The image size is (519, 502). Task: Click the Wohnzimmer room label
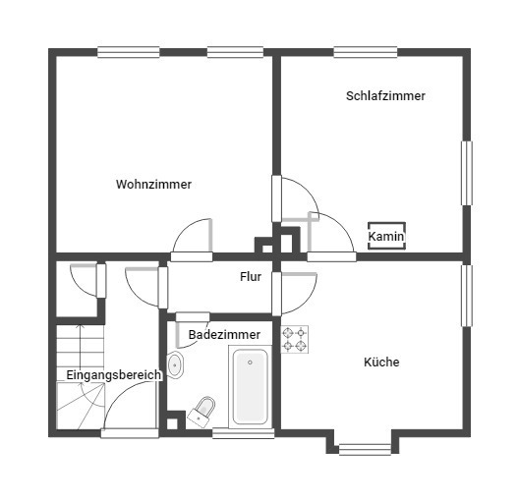pyautogui.click(x=153, y=185)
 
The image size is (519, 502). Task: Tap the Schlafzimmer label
pyautogui.click(x=385, y=96)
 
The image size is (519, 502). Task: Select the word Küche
pyautogui.click(x=381, y=362)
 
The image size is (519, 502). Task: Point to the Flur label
pyautogui.click(x=251, y=276)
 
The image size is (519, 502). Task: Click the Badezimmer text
pyautogui.click(x=224, y=334)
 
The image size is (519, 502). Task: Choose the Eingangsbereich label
pyautogui.click(x=114, y=375)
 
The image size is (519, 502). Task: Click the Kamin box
pyautogui.click(x=386, y=236)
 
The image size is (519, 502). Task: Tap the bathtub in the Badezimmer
pyautogui.click(x=250, y=387)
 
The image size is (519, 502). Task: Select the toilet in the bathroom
pyautogui.click(x=202, y=412)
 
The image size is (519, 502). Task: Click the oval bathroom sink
pyautogui.click(x=175, y=365)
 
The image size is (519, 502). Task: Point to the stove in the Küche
pyautogui.click(x=294, y=339)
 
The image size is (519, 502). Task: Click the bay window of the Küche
pyautogui.click(x=365, y=449)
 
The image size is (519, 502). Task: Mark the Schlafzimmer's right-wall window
pyautogui.click(x=466, y=173)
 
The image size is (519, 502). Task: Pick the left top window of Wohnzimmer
pyautogui.click(x=129, y=52)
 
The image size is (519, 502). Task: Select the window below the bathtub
pyautogui.click(x=244, y=433)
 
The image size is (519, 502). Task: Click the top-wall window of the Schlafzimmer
pyautogui.click(x=366, y=52)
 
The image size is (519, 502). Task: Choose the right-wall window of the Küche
pyautogui.click(x=466, y=296)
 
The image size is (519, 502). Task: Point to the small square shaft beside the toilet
pyautogui.click(x=172, y=423)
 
